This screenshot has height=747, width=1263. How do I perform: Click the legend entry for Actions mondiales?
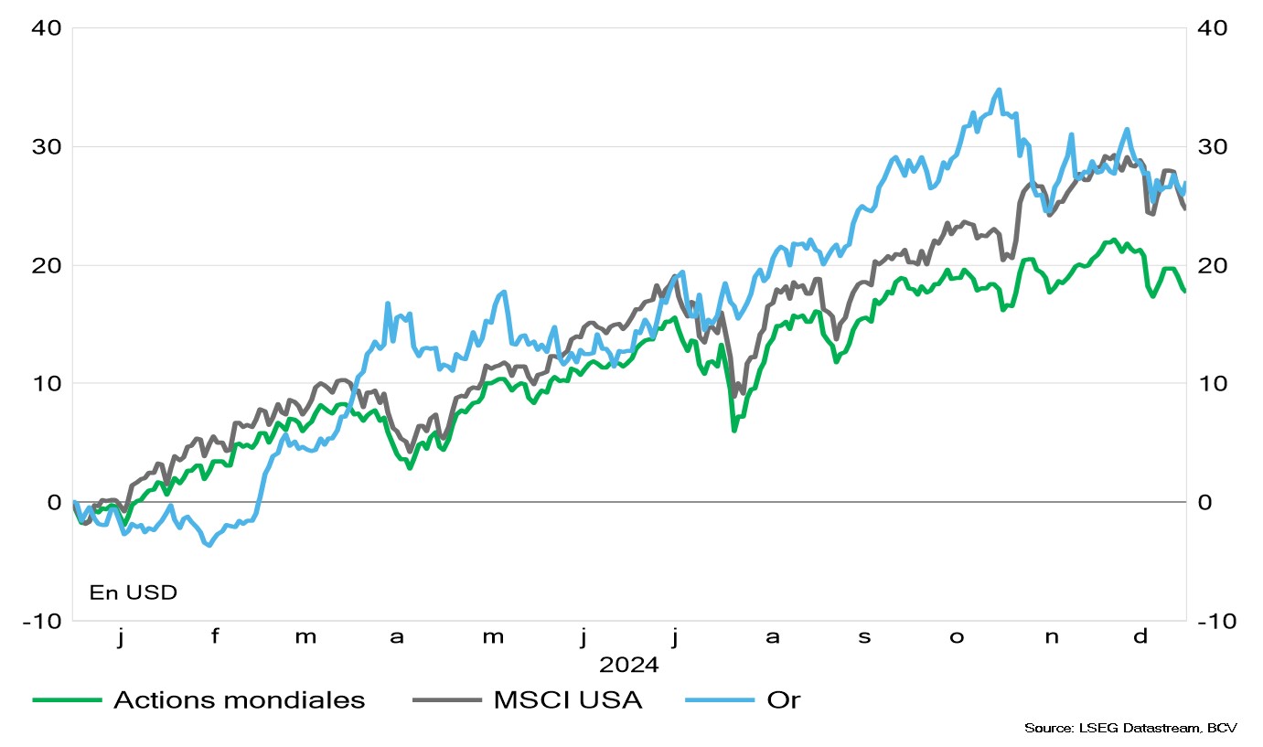pyautogui.click(x=239, y=700)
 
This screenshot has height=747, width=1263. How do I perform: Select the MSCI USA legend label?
pyautogui.click(x=568, y=700)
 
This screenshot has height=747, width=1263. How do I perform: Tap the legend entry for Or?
pyautogui.click(x=784, y=700)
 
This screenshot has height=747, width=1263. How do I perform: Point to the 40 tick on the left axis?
pyautogui.click(x=46, y=28)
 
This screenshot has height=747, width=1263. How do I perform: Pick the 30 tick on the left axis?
pyautogui.click(x=46, y=146)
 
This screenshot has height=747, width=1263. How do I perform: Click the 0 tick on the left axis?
pyautogui.click(x=53, y=502)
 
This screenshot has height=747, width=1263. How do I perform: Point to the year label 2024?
pyautogui.click(x=629, y=663)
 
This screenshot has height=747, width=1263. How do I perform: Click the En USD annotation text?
pyautogui.click(x=134, y=592)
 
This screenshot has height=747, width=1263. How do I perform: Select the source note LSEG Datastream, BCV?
pyautogui.click(x=1130, y=728)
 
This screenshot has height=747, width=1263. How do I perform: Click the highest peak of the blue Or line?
pyautogui.click(x=999, y=90)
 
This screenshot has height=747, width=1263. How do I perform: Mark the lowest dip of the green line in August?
pyautogui.click(x=734, y=430)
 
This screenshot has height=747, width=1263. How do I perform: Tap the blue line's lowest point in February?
pyautogui.click(x=209, y=545)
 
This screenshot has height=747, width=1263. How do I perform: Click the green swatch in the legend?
pyautogui.click(x=66, y=700)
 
